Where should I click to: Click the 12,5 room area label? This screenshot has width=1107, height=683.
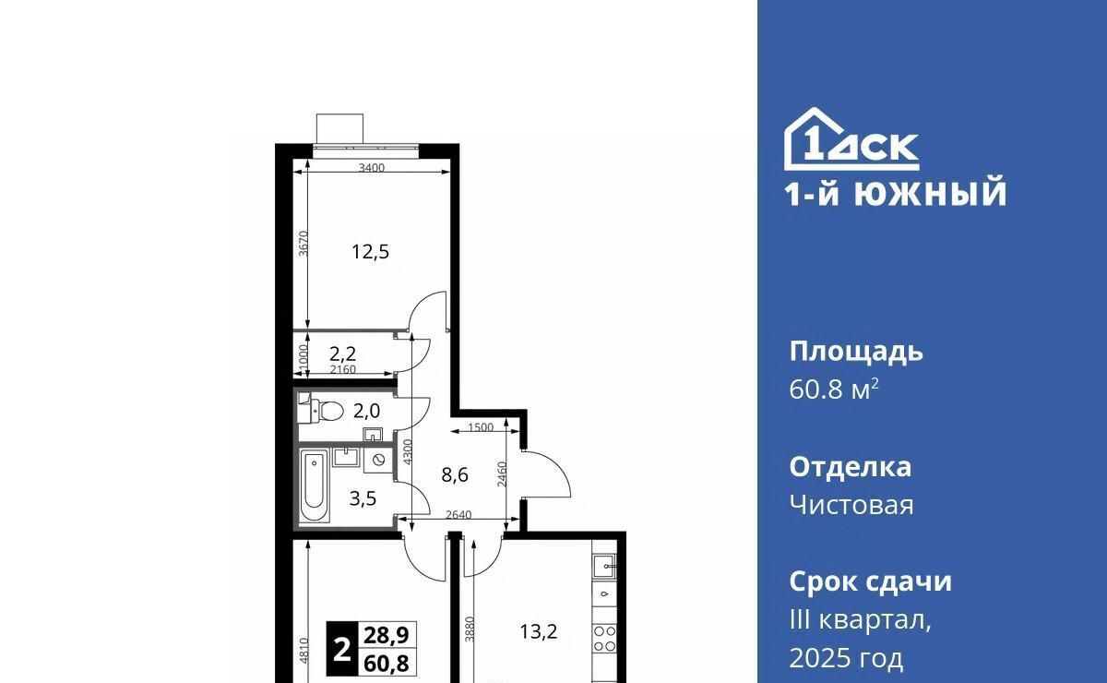pos(370,252)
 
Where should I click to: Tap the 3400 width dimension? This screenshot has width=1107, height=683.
pos(372,168)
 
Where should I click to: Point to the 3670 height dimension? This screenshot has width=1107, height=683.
pos(304,244)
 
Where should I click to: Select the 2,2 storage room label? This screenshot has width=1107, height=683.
pos(342,354)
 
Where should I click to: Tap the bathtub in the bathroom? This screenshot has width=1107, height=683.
pos(315,485)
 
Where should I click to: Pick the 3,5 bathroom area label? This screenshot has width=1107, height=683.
pos(363,499)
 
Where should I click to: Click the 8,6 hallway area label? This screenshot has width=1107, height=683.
pos(455,475)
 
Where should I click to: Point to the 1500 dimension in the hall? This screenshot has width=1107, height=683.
pos(481,427)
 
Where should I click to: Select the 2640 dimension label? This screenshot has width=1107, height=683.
pos(458,515)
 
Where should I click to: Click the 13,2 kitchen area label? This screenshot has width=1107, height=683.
pos(539,631)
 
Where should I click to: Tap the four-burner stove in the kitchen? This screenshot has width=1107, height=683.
pos(605,639)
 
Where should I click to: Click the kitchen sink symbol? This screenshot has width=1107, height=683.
pos(605,567)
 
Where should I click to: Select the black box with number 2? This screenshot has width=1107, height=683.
pos(342,649)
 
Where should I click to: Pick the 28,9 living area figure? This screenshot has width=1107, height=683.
pos(387,635)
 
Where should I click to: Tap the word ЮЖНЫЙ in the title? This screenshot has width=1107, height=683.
pos(931,193)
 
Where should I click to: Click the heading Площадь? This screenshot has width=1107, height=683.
pos(856,353)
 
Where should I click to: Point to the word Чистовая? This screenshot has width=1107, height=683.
pos(851,505)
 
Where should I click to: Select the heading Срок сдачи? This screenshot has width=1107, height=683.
pos(870,581)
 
